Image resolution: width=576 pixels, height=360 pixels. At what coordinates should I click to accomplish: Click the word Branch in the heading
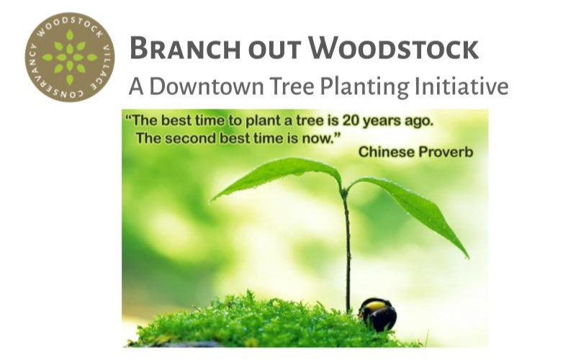tap(185, 48)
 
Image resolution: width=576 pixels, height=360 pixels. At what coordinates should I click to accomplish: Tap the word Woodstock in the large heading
tap(393, 48)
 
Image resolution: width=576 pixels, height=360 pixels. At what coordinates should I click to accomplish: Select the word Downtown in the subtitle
tap(207, 86)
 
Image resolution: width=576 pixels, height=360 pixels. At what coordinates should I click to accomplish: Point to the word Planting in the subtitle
tap(364, 87)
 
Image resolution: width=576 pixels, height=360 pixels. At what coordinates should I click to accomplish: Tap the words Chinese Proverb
tap(415, 152)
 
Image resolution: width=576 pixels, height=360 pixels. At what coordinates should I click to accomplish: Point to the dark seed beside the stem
tap(378, 314)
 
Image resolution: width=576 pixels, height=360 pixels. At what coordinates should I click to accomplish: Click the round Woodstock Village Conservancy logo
tap(70, 58)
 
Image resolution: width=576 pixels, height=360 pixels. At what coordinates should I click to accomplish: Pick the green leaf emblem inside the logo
tap(70, 58)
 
